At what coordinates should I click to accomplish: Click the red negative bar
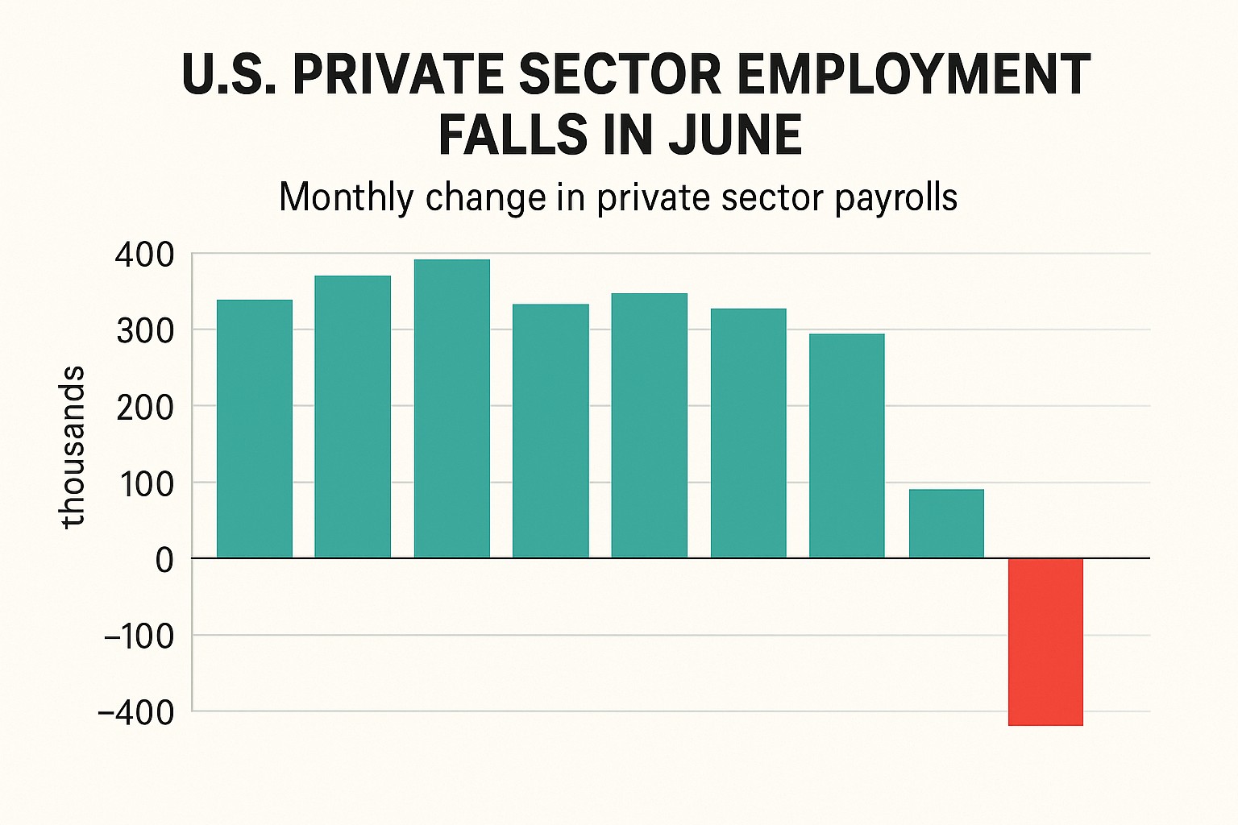point(1045,641)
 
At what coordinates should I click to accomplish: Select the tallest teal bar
point(451,408)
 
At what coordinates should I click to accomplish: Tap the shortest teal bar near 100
point(946,524)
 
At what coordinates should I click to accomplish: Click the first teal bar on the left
point(255,429)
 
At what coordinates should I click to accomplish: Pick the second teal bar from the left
point(352,417)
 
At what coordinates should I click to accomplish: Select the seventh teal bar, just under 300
point(846,446)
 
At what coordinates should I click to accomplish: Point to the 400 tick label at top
point(144,255)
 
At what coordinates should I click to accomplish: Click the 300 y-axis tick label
point(144,331)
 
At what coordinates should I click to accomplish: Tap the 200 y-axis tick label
point(144,408)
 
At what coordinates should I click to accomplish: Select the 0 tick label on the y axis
point(164,560)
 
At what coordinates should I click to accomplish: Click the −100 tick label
point(139,636)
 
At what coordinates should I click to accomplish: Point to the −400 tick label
point(135,712)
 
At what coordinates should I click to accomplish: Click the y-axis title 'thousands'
point(73,447)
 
